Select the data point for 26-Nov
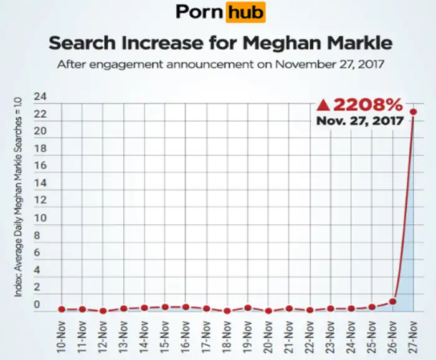point(392,301)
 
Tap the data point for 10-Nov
point(62,309)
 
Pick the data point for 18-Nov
point(227,311)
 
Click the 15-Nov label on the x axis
point(166,336)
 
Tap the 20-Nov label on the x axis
point(269,336)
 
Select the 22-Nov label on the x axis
point(310,336)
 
